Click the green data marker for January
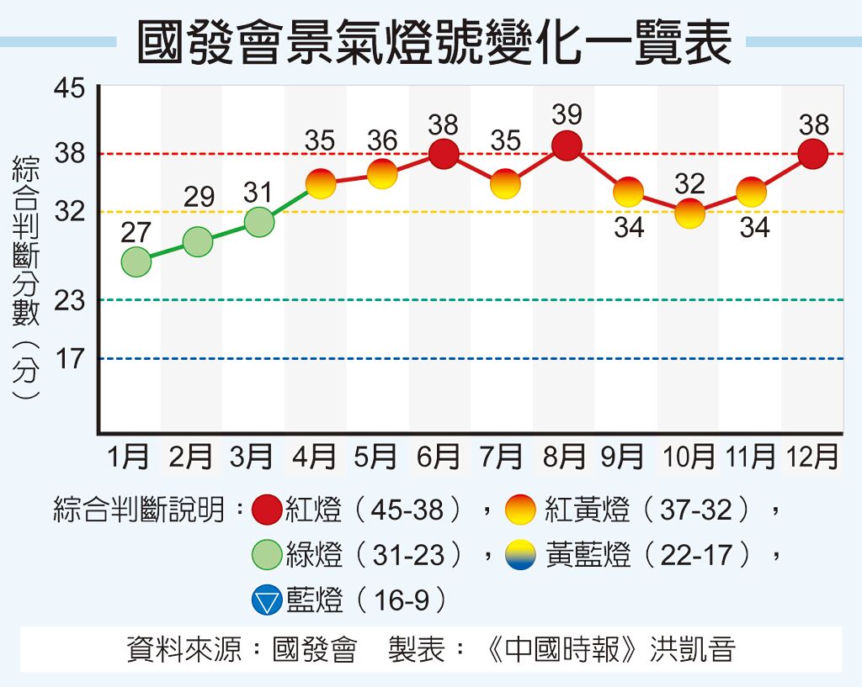tap(136, 262)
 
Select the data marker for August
tap(567, 145)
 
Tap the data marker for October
tap(690, 214)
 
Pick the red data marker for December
tap(813, 154)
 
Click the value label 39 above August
tap(567, 114)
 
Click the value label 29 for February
tap(199, 198)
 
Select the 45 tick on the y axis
tap(70, 87)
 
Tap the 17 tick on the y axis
tap(70, 359)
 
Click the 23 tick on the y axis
tap(70, 300)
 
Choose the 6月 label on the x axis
tap(439, 457)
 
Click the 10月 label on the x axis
tap(689, 457)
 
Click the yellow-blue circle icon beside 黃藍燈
tap(520, 555)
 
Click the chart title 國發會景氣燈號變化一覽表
tap(433, 42)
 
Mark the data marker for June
tap(444, 154)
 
